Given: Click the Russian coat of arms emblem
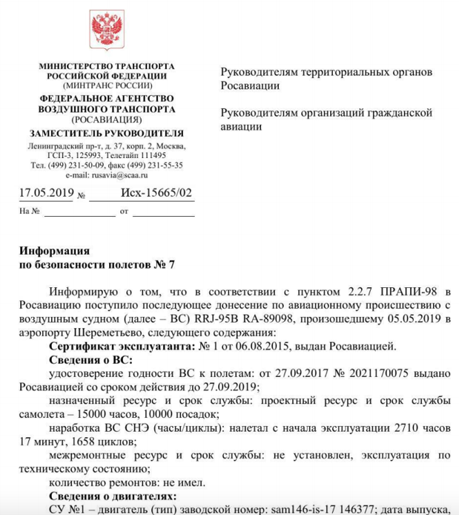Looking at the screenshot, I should click(107, 30).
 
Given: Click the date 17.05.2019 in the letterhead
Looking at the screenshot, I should click(46, 193).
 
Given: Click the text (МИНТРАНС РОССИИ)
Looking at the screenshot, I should click(107, 85).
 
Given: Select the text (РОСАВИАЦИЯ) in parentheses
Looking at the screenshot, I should click(107, 119).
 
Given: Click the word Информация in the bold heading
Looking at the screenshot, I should click(54, 251).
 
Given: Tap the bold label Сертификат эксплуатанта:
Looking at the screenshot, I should click(123, 347).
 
